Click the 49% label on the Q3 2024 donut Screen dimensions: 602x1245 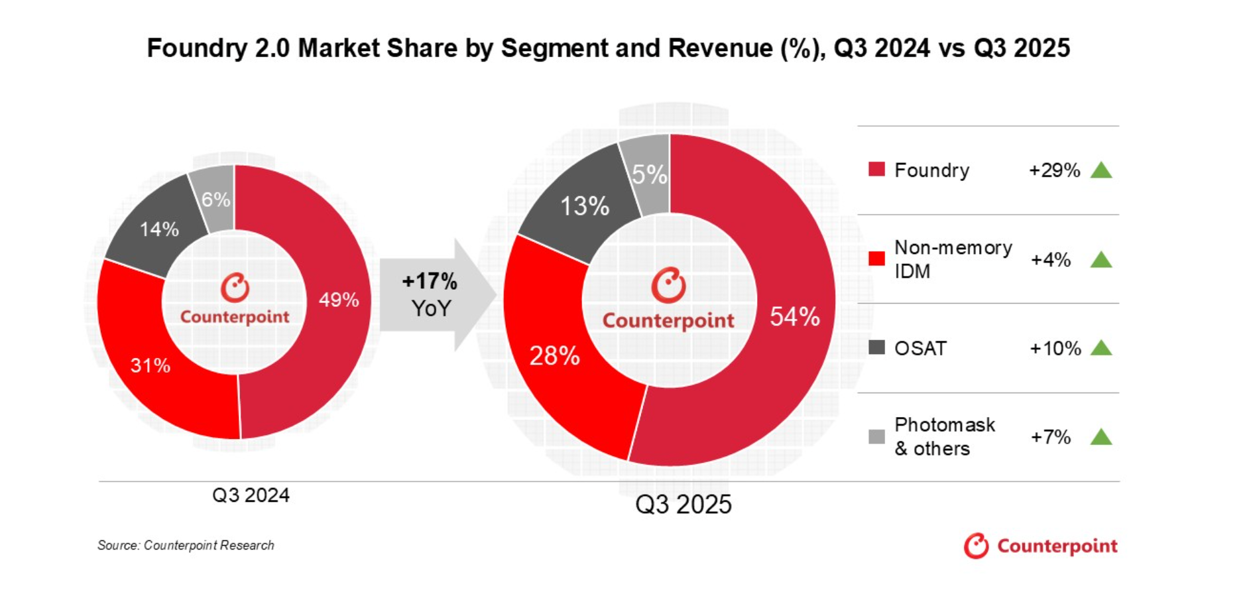click(339, 300)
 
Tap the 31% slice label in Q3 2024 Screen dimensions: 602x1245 click(150, 365)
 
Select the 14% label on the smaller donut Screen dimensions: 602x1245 click(159, 229)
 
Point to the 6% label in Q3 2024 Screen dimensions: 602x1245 click(216, 200)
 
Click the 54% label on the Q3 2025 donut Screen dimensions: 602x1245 click(795, 317)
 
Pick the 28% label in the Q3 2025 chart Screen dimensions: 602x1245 click(554, 357)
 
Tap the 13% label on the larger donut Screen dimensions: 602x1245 click(585, 206)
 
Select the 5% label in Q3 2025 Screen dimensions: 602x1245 click(649, 175)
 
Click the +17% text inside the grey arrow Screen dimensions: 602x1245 click(430, 281)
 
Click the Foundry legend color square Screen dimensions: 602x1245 click(876, 170)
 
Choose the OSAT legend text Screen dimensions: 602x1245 click(920, 348)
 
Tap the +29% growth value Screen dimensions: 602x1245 click(1054, 170)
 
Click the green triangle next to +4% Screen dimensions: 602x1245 click(1101, 259)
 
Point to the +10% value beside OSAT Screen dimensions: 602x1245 click(1055, 348)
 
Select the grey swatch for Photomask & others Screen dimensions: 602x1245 click(876, 436)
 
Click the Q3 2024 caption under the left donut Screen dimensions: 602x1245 click(251, 495)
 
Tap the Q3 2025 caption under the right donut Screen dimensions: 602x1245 click(683, 505)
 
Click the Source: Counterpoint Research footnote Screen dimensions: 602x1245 click(186, 545)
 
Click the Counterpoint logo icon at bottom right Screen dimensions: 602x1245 click(976, 546)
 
